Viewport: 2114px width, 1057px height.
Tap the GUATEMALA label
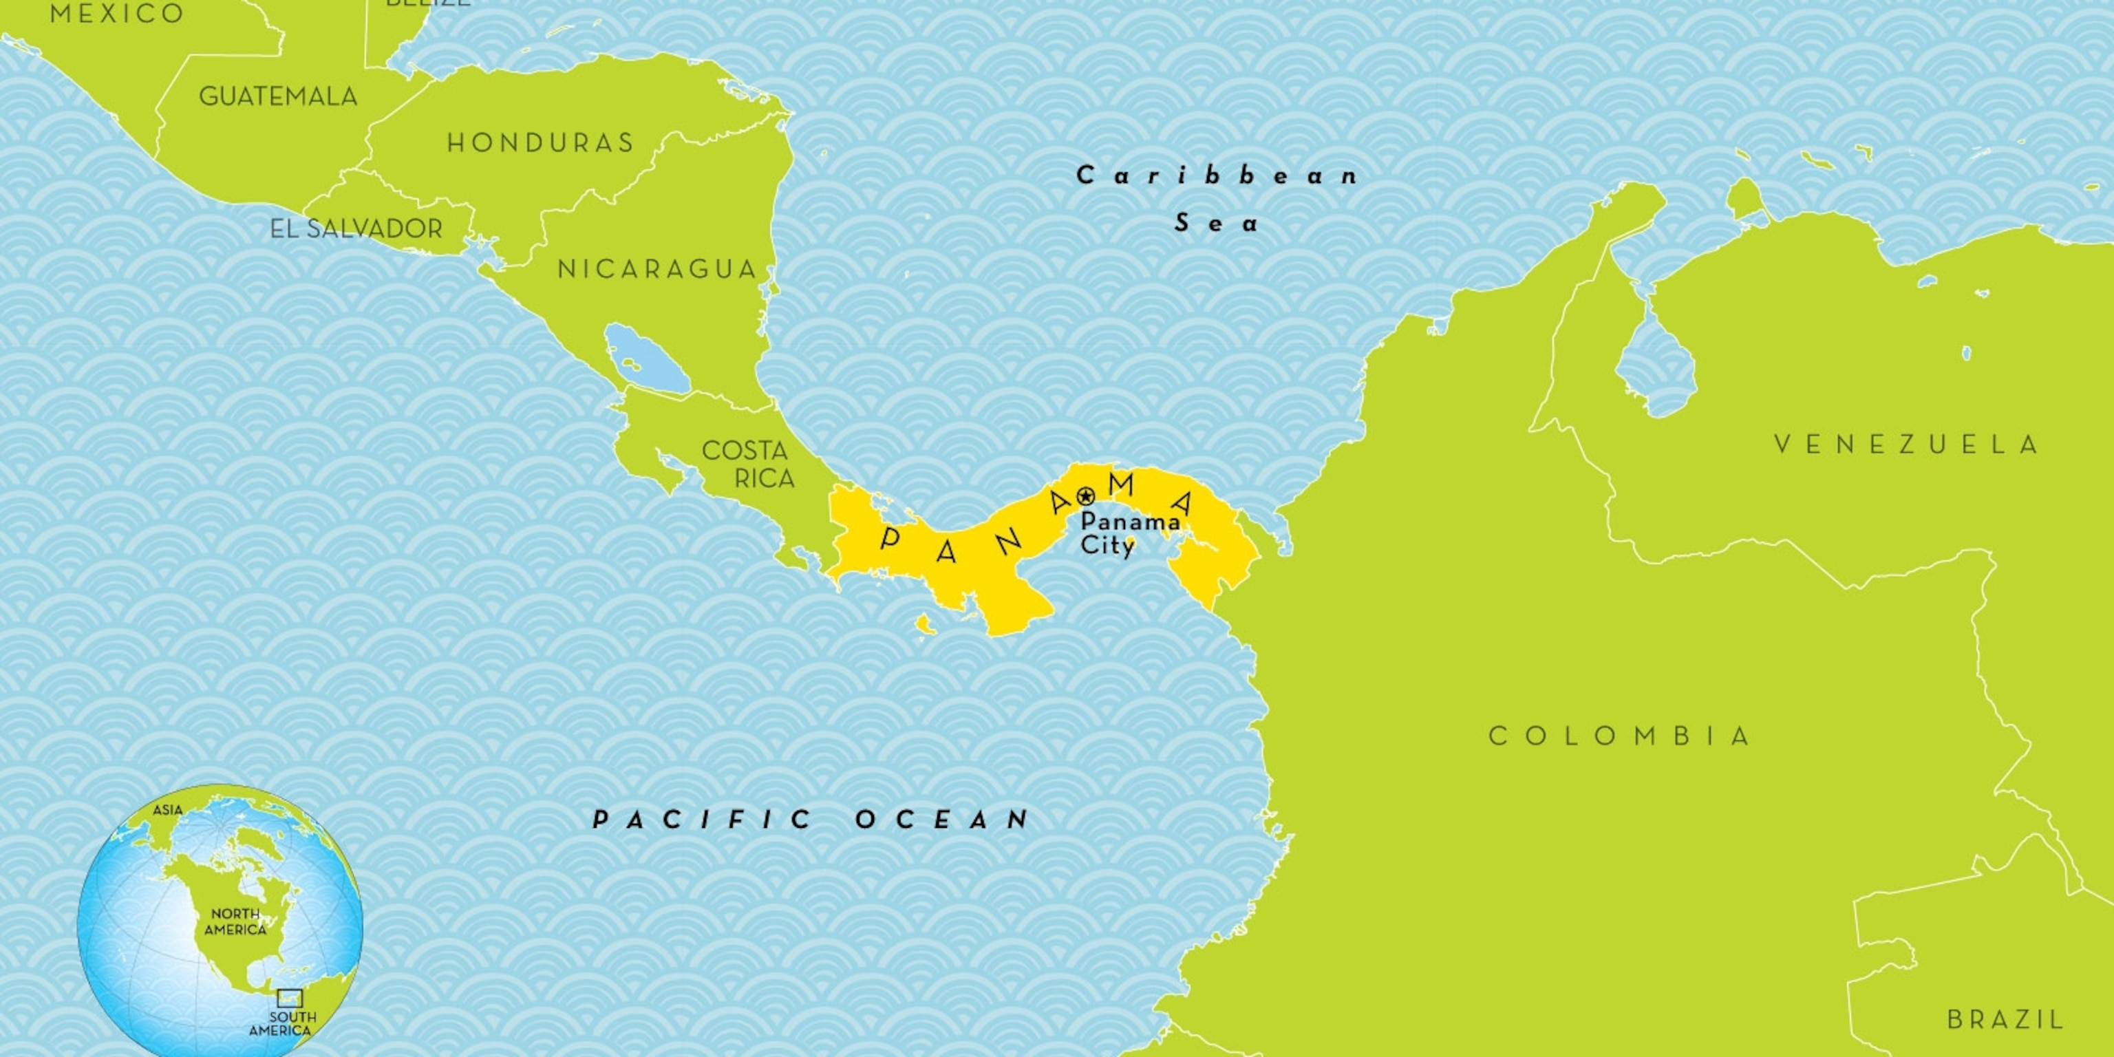pyautogui.click(x=278, y=97)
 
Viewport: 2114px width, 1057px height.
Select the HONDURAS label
pyautogui.click(x=540, y=144)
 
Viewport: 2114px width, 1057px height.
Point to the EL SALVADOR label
pyautogui.click(x=356, y=229)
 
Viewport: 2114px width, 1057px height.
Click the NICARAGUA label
pyautogui.click(x=656, y=269)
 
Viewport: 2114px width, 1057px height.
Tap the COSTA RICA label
pyautogui.click(x=747, y=464)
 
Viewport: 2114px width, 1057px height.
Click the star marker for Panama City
pyautogui.click(x=1086, y=496)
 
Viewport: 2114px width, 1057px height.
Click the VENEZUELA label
pyautogui.click(x=1905, y=445)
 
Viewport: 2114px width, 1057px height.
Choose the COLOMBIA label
pyautogui.click(x=1620, y=736)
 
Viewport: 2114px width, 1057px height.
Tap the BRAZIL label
pyautogui.click(x=2005, y=1020)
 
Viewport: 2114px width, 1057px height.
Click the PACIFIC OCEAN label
pyautogui.click(x=811, y=819)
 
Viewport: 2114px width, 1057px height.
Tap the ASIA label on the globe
pyautogui.click(x=167, y=810)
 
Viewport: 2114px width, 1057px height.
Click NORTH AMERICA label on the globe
pyautogui.click(x=235, y=921)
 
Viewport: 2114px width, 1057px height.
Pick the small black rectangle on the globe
pyautogui.click(x=290, y=998)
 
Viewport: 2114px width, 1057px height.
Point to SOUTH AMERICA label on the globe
pyautogui.click(x=281, y=1023)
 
